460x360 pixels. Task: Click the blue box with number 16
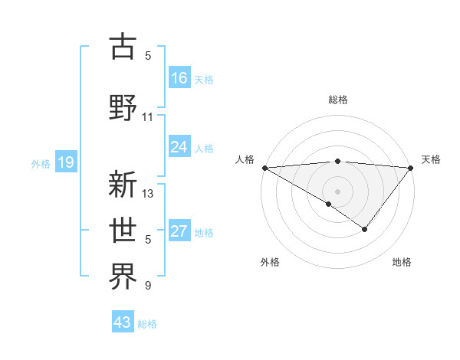click(x=179, y=77)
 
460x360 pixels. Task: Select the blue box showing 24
click(x=179, y=147)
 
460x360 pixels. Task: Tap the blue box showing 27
click(x=179, y=231)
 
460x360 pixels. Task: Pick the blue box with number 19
click(x=65, y=162)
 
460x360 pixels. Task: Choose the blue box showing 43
click(x=123, y=322)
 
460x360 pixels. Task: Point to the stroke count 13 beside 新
click(x=148, y=194)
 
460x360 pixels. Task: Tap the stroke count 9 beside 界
click(x=148, y=286)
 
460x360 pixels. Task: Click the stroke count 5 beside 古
click(x=148, y=55)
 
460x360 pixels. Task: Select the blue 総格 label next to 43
click(x=148, y=324)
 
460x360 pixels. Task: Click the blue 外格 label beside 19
click(x=41, y=163)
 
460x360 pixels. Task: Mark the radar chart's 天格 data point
click(x=411, y=167)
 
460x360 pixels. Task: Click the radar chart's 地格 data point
click(x=365, y=228)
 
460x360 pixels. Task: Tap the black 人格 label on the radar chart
click(x=245, y=159)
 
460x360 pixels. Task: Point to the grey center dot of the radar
click(x=337, y=190)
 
